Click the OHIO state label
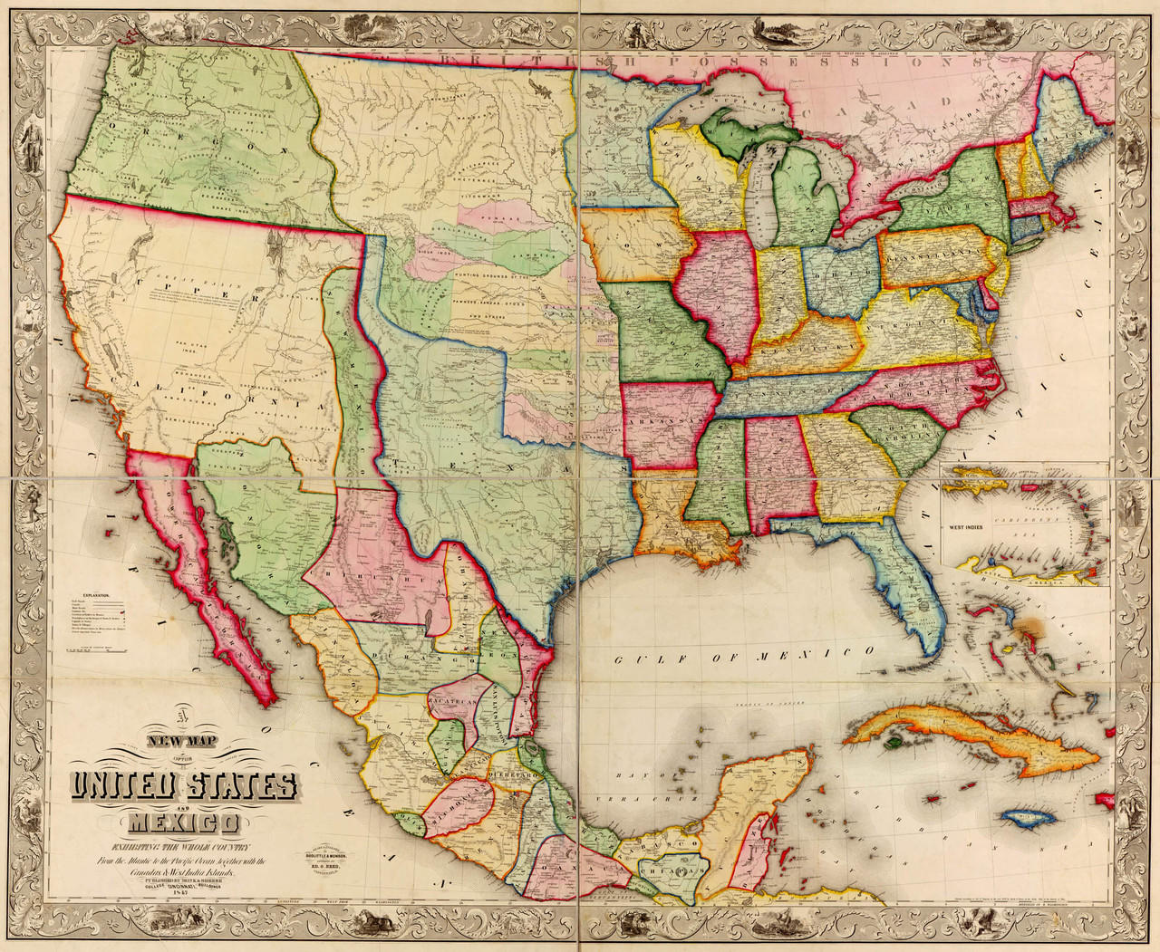[x=843, y=272]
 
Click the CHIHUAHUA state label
[x=362, y=576]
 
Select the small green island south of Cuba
[x=893, y=741]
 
